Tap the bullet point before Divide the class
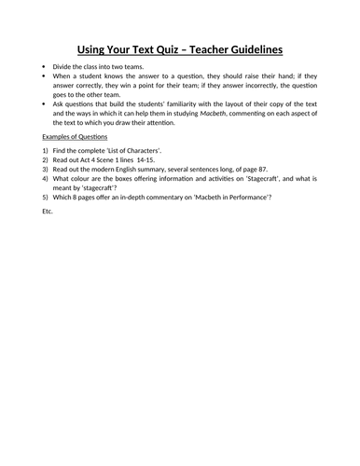click(x=45, y=69)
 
